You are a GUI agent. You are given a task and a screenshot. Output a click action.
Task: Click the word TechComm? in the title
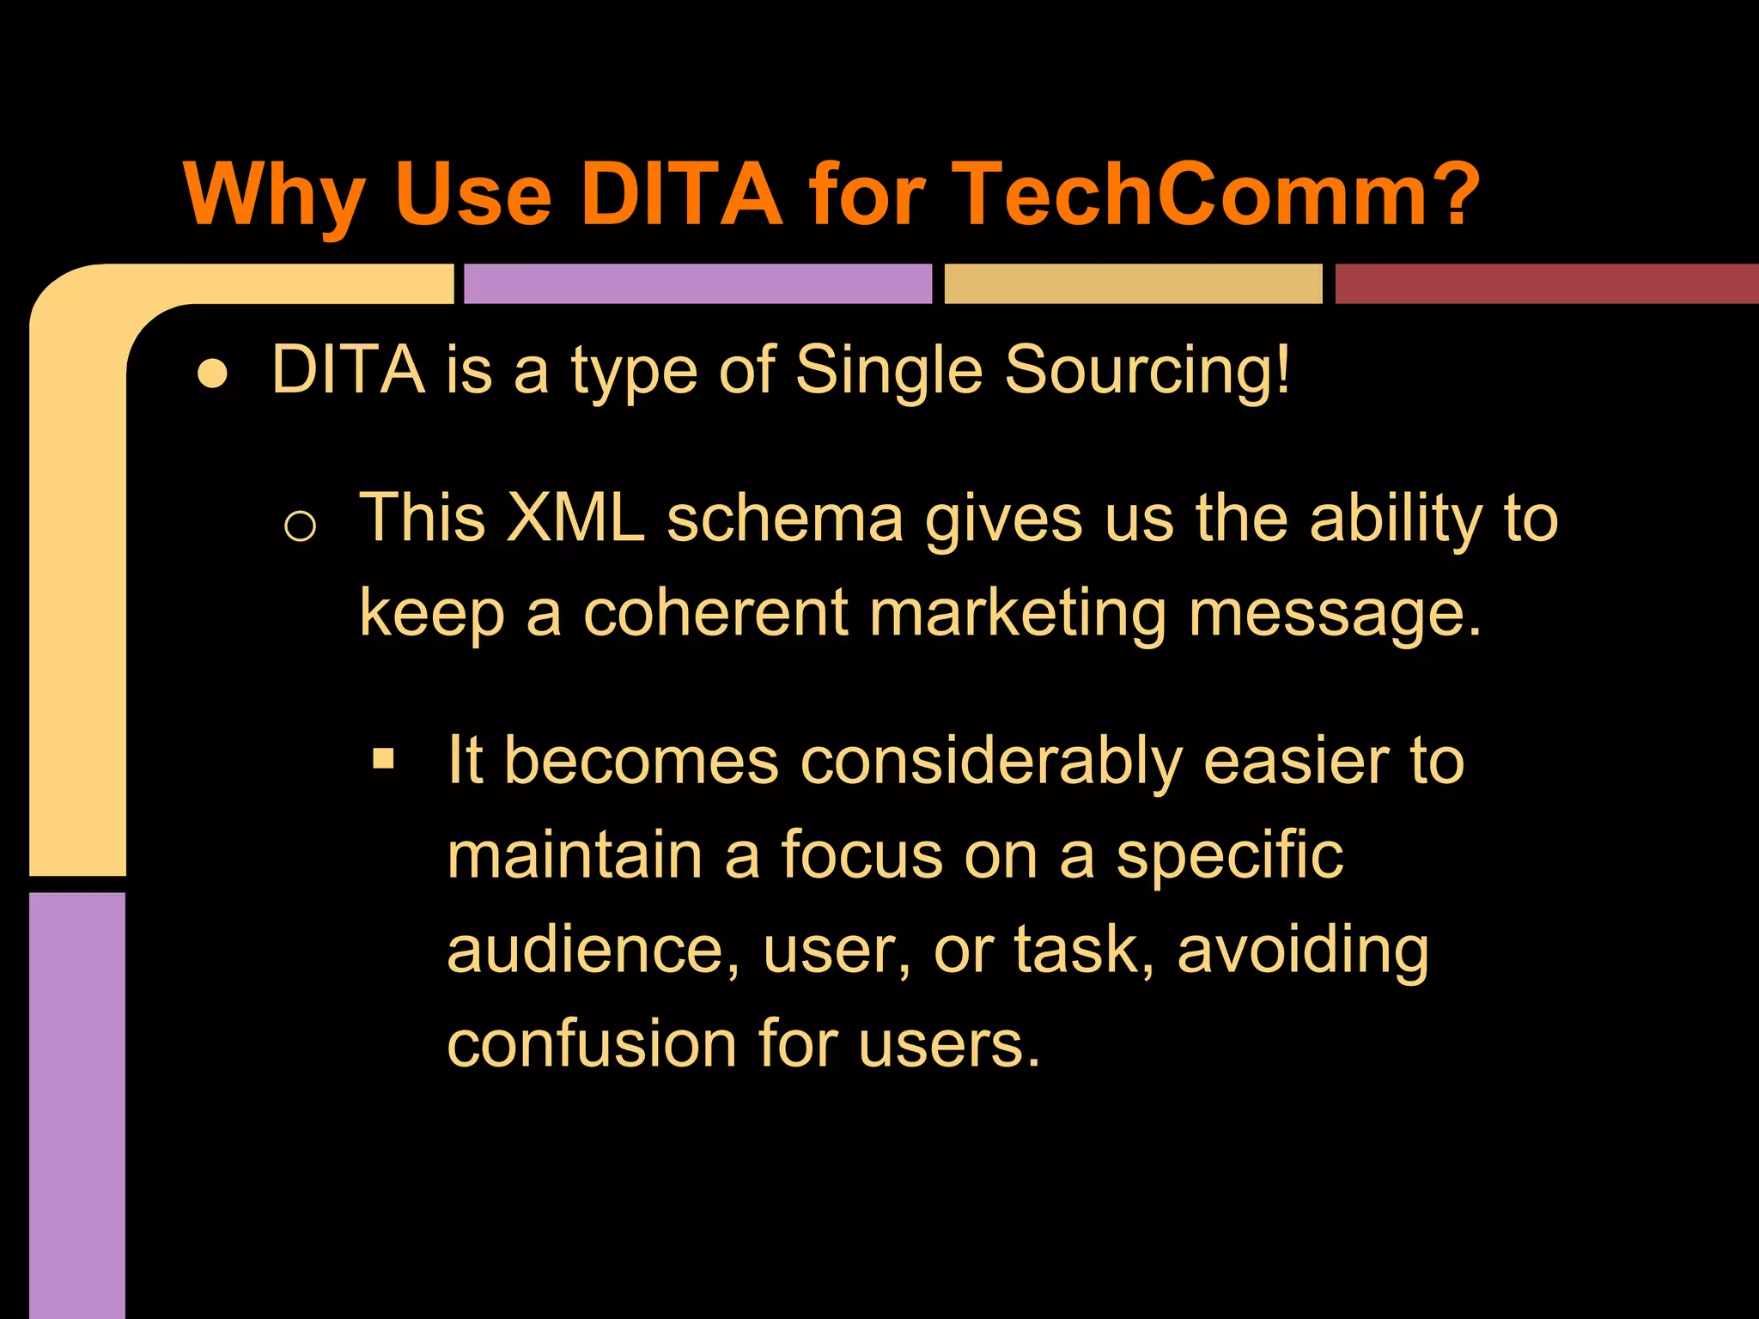(1215, 195)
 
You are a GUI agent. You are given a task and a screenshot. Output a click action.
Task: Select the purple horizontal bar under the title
(697, 283)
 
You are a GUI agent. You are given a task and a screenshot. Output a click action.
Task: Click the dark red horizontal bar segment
(1546, 283)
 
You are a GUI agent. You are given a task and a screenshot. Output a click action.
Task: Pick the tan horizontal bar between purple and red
(1133, 283)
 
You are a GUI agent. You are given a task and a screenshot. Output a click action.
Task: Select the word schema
(785, 519)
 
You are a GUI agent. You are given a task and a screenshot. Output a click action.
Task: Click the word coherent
(715, 613)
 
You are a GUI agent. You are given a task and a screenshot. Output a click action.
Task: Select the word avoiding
(1303, 951)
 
